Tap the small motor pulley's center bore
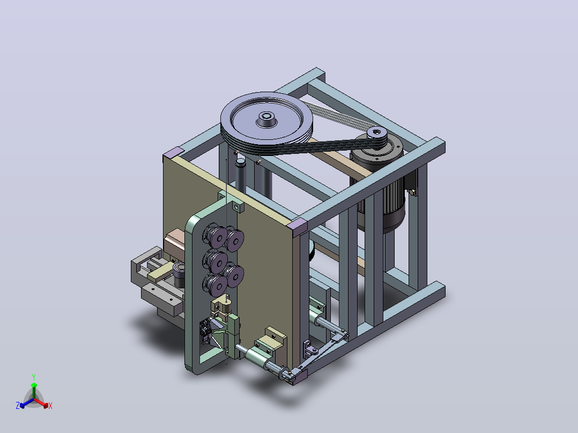pyautogui.click(x=376, y=131)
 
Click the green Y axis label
pyautogui.click(x=34, y=377)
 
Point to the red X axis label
pyautogui.click(x=50, y=406)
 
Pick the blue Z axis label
pyautogui.click(x=18, y=406)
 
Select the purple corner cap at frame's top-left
pyautogui.click(x=174, y=152)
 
